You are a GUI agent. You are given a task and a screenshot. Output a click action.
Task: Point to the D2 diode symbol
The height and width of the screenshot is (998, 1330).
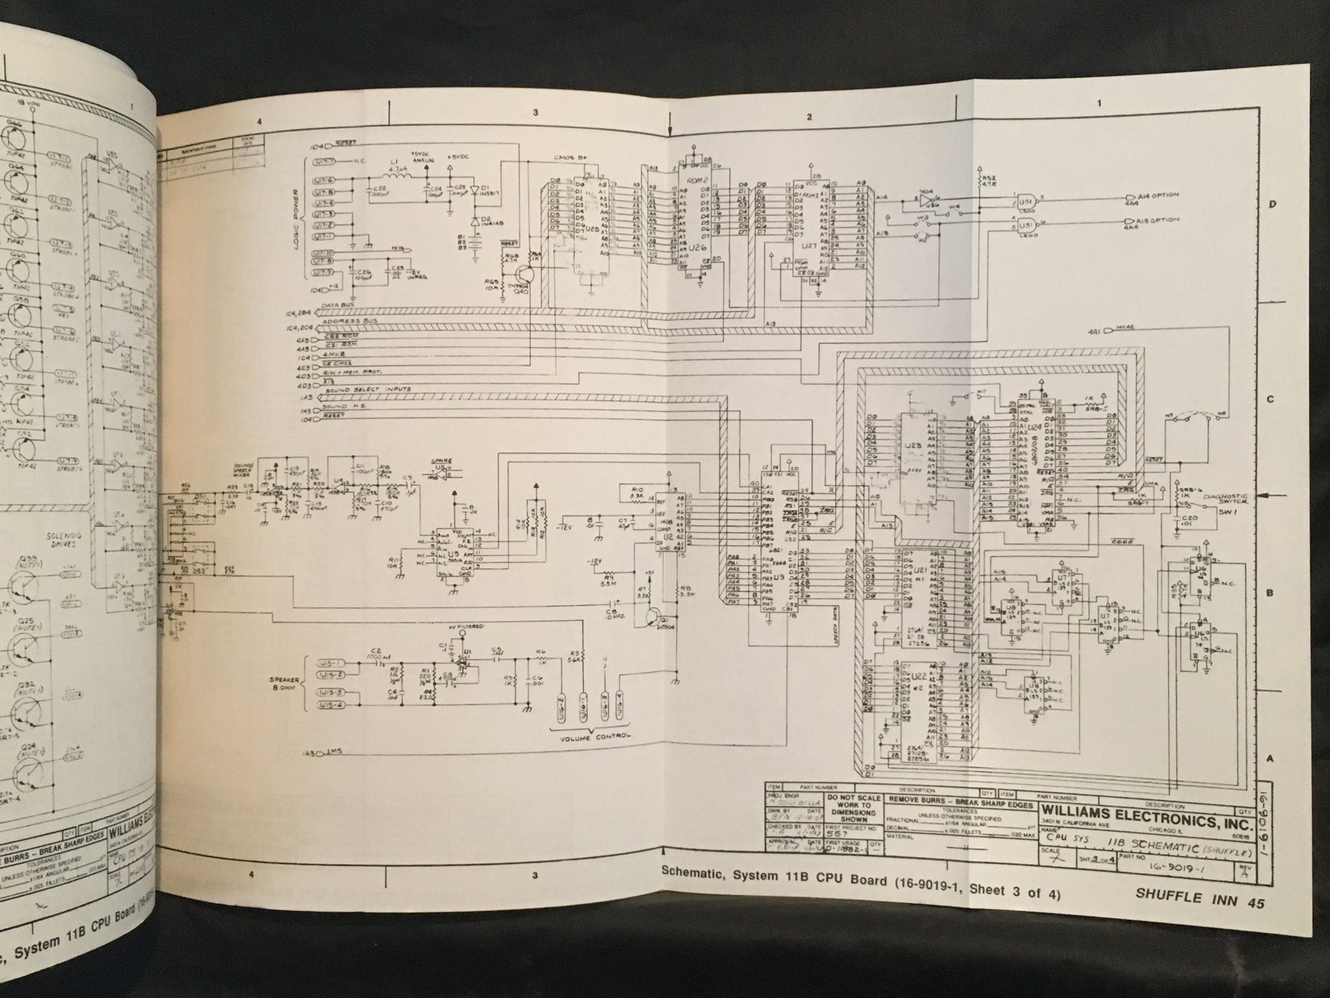click(474, 221)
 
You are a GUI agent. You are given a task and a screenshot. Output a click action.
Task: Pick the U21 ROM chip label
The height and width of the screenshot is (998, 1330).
click(920, 569)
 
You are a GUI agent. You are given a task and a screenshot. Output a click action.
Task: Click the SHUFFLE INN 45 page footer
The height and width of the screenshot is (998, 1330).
click(1200, 900)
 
